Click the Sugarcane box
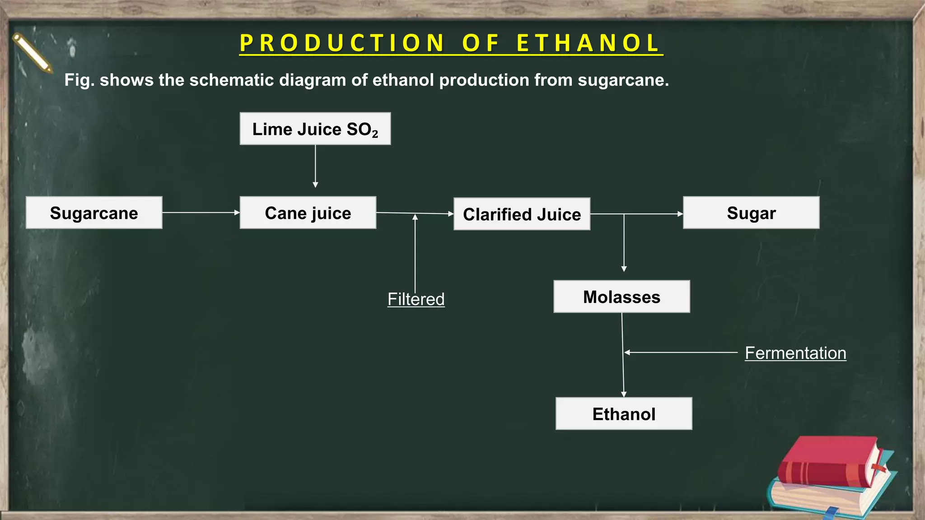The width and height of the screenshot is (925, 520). click(x=94, y=213)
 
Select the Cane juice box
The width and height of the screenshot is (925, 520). click(x=308, y=213)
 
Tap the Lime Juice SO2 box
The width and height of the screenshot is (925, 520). click(x=315, y=129)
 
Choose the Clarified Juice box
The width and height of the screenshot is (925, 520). click(x=522, y=214)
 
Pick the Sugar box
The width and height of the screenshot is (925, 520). click(x=751, y=213)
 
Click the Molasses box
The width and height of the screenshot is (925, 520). click(x=621, y=297)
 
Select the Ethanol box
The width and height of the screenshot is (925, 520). click(x=624, y=413)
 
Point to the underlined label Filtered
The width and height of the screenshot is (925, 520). click(x=416, y=299)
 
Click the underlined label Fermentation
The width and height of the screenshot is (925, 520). click(x=795, y=353)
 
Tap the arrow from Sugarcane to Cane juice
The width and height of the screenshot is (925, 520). click(x=201, y=212)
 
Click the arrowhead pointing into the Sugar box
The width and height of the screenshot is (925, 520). click(x=680, y=214)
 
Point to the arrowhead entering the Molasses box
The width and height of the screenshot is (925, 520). click(x=624, y=269)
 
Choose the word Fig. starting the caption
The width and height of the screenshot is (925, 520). click(x=79, y=80)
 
